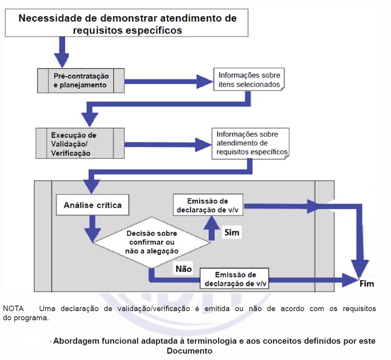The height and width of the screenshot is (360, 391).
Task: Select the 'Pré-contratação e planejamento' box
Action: pos(81,80)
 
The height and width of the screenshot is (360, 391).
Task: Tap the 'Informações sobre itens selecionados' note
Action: pos(249,80)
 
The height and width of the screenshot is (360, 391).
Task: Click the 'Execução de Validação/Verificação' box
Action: pos(81,143)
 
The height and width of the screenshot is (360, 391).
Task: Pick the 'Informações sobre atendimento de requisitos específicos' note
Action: pos(250,143)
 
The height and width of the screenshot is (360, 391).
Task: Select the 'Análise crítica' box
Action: pos(93,205)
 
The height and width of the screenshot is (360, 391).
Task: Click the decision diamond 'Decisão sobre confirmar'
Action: pos(152,242)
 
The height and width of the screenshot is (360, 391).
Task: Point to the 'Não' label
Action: pos(183,269)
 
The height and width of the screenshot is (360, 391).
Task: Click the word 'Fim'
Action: pos(366,284)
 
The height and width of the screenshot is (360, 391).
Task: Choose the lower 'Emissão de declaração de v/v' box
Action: pos(234,279)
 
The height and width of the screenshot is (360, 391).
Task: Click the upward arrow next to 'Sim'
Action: pos(211,227)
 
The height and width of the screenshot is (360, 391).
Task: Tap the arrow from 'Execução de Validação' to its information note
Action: pos(167,145)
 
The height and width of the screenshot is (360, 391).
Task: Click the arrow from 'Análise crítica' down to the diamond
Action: pos(93,228)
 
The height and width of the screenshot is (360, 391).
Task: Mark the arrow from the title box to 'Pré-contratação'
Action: pos(62,52)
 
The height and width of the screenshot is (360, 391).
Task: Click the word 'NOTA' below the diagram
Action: pos(13,309)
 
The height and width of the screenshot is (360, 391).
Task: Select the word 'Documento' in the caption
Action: pos(189,351)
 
